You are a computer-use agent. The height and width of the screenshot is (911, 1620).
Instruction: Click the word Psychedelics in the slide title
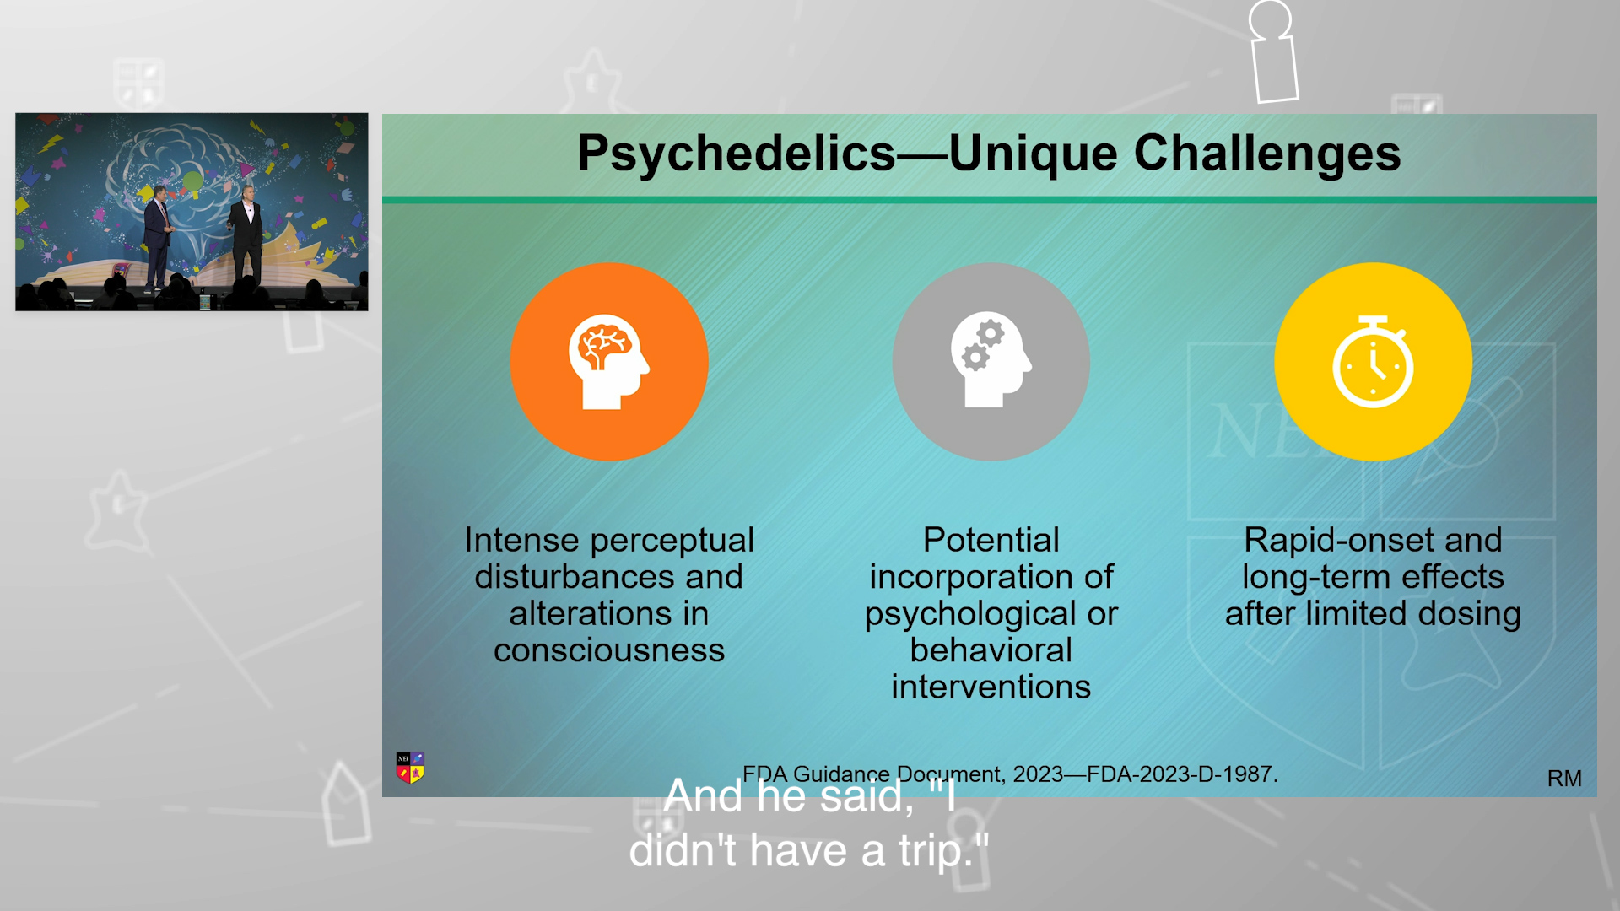(736, 154)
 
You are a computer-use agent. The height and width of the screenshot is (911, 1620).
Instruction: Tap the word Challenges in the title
(1267, 154)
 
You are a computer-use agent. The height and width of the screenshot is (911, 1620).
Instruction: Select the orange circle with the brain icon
(609, 362)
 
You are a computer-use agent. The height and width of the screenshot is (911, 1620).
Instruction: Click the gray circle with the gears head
(991, 362)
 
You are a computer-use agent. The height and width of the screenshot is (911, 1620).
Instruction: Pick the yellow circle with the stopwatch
(1373, 362)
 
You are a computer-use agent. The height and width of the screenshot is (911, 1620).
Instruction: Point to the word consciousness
(609, 650)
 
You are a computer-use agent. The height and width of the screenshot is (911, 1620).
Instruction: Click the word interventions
(991, 687)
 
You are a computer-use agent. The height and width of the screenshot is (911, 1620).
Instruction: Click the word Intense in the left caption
(521, 540)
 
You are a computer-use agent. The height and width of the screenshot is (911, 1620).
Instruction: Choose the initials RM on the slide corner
(1564, 779)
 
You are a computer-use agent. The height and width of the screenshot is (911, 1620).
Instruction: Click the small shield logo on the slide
(411, 768)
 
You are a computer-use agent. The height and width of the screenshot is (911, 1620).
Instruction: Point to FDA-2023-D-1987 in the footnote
(1182, 774)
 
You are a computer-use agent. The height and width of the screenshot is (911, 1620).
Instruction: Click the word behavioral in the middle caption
(991, 650)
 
